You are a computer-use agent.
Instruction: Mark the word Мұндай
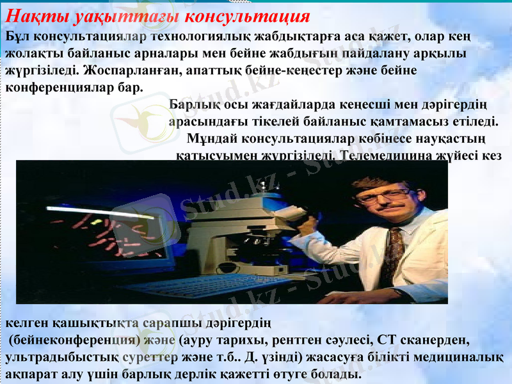pyautogui.click(x=219, y=138)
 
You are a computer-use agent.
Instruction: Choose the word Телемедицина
pyautogui.click(x=381, y=155)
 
